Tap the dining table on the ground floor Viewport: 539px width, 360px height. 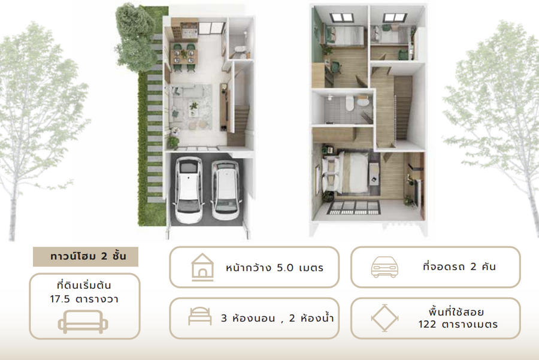(x=184, y=56)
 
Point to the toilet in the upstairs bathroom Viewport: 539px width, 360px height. (x=350, y=103)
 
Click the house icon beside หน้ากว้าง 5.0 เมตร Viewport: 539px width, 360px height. (x=202, y=267)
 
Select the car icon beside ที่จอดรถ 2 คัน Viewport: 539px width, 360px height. (x=384, y=267)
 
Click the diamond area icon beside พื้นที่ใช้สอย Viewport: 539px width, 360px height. (x=384, y=318)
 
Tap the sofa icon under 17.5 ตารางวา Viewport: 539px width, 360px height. (x=83, y=322)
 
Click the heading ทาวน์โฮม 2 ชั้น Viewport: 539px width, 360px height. (x=88, y=256)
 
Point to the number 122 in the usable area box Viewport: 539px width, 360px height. (x=427, y=324)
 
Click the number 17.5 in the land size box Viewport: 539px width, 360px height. (x=60, y=299)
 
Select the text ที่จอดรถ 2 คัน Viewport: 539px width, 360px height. (x=459, y=267)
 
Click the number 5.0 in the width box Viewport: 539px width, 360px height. (x=285, y=268)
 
